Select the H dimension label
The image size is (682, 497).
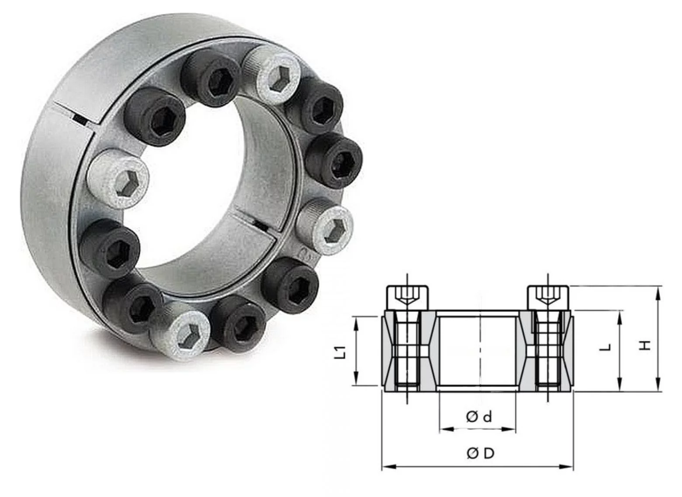(646, 345)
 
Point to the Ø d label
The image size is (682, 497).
(479, 417)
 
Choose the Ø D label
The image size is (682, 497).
(480, 453)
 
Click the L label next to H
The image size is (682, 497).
(605, 348)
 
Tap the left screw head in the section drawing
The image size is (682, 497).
(407, 297)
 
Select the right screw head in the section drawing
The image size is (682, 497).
(548, 297)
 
